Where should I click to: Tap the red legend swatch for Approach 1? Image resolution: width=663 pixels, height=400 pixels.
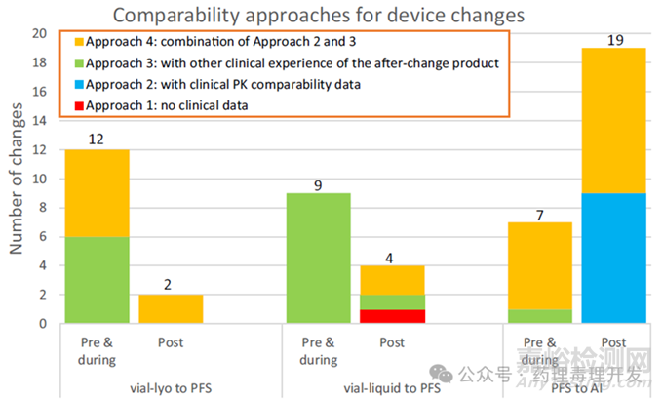(78, 104)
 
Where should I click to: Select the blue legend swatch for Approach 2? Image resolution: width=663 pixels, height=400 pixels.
(78, 85)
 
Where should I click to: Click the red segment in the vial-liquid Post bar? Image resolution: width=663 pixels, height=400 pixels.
(392, 316)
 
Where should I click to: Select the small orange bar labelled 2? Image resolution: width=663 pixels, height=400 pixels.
(171, 308)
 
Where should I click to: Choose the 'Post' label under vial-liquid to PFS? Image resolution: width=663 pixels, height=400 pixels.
(392, 342)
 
